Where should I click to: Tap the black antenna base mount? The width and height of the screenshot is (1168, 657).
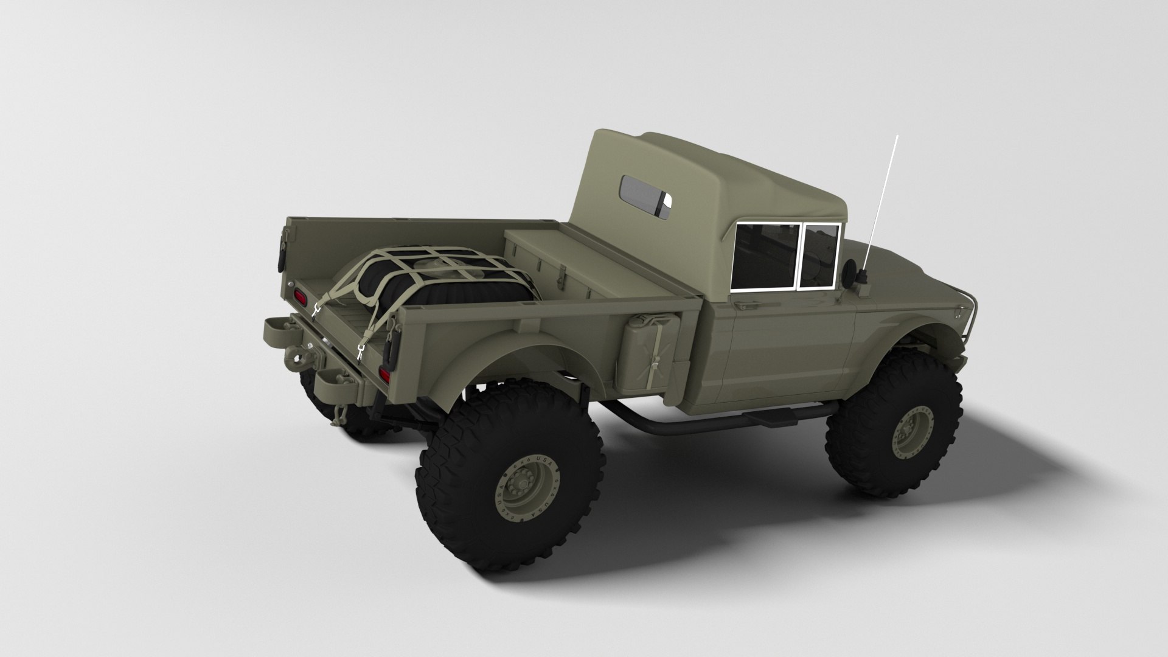[861, 279]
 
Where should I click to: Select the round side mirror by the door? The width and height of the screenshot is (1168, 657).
[849, 267]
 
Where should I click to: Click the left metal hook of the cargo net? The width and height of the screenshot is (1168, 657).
[316, 310]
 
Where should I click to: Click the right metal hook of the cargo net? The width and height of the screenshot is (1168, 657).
[361, 350]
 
